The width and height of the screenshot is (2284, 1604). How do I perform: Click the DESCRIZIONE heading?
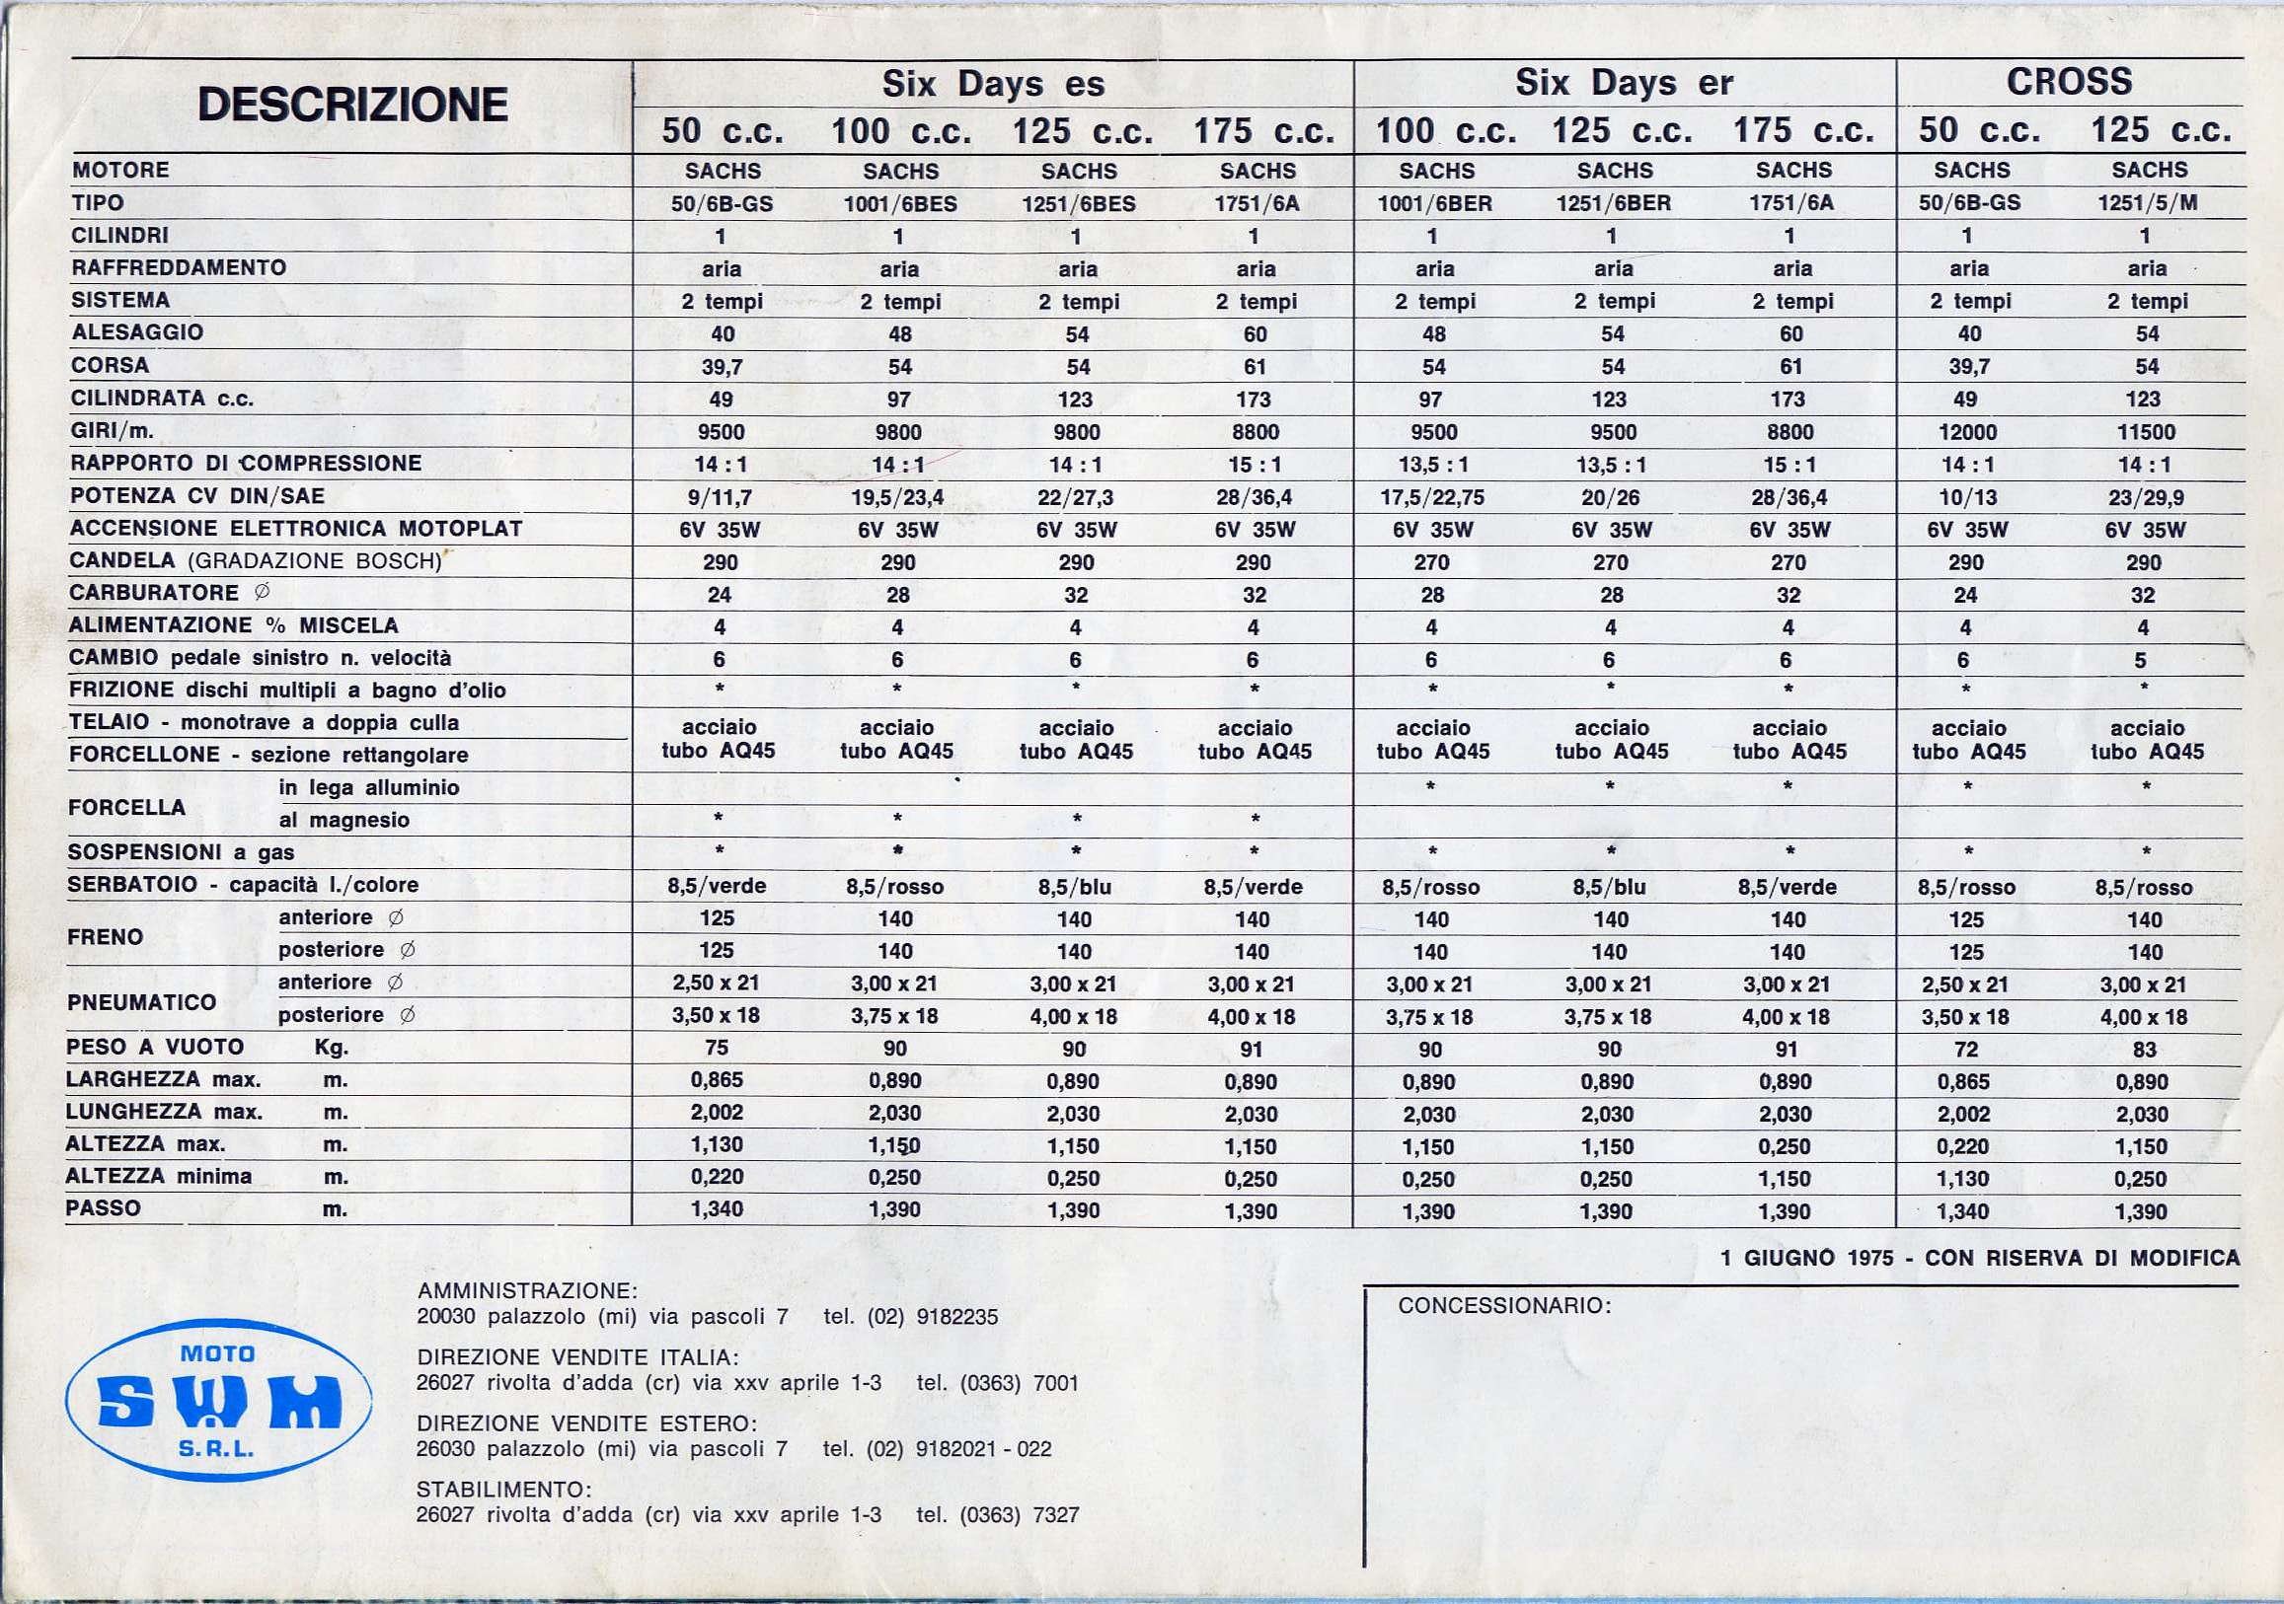(x=352, y=105)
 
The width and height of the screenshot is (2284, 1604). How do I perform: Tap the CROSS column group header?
(x=2069, y=82)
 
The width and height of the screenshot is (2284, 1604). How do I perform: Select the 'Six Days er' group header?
(x=1624, y=84)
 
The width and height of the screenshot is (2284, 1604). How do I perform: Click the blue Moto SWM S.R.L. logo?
(x=218, y=1403)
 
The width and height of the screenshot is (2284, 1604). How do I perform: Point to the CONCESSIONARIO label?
(x=1504, y=1306)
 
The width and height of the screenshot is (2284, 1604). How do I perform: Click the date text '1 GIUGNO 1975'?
(x=1806, y=1258)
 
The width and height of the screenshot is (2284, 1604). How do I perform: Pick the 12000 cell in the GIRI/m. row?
(x=1966, y=431)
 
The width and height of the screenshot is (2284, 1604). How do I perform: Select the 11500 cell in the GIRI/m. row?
(x=2146, y=431)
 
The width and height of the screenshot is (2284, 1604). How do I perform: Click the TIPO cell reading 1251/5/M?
(x=2147, y=204)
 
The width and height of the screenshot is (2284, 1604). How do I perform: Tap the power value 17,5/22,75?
(x=1431, y=497)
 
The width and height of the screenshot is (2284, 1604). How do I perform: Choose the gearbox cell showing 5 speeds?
(x=2140, y=660)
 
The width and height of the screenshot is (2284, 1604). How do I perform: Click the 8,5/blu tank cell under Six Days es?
(x=1074, y=887)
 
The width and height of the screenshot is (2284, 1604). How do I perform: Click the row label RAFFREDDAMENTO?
(x=178, y=267)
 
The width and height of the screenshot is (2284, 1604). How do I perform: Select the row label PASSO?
(x=104, y=1208)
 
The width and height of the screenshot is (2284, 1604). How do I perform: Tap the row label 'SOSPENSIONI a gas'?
(x=181, y=852)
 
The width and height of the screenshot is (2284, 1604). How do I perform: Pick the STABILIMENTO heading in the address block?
(x=503, y=1489)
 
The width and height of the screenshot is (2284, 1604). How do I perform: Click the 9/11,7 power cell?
(x=721, y=497)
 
